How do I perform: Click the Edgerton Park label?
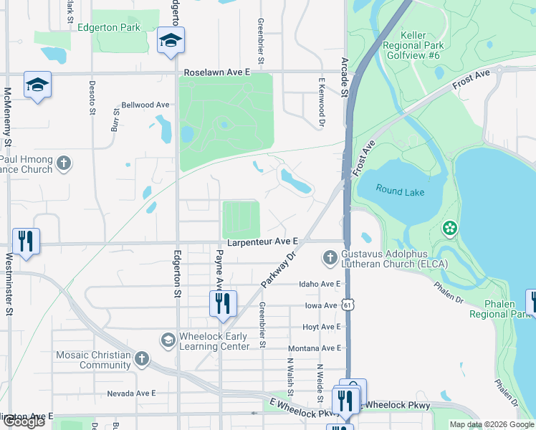(x=120, y=27)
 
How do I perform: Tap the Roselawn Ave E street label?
(x=217, y=72)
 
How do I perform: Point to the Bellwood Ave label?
(x=145, y=105)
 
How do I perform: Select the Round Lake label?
(x=401, y=192)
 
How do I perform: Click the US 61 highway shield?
(x=348, y=305)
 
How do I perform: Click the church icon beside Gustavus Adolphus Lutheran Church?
(x=330, y=257)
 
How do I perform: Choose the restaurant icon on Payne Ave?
(x=222, y=303)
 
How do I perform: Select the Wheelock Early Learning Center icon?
(x=168, y=339)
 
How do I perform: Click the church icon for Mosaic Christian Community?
(x=142, y=358)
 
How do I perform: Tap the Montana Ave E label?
(x=320, y=348)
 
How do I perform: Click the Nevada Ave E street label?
(x=131, y=393)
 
